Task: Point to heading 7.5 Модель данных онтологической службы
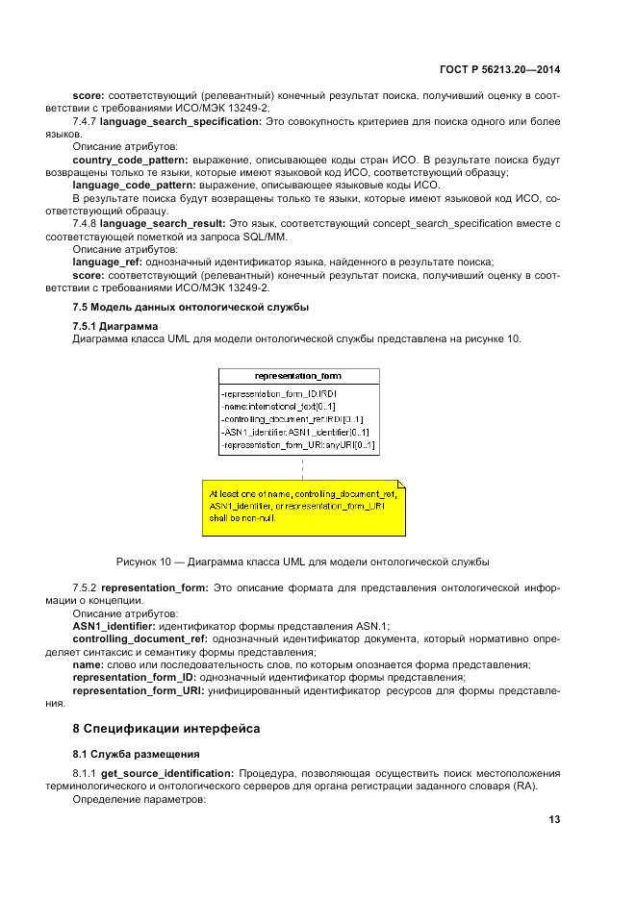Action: (191, 306)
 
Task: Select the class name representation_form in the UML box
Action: (298, 376)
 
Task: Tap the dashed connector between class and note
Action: (302, 466)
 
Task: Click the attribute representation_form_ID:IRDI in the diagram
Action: (278, 394)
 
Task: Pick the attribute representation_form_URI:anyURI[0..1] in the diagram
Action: (297, 446)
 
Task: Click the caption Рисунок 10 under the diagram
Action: (302, 560)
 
